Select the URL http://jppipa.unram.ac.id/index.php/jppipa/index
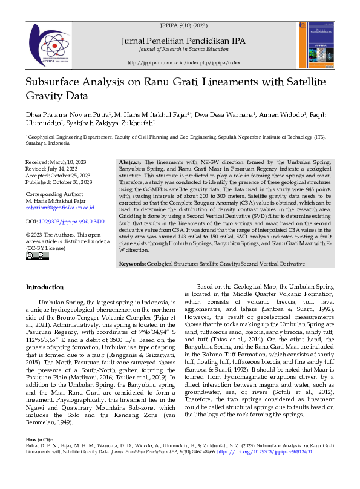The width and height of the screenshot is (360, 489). pyautogui.click(x=183, y=63)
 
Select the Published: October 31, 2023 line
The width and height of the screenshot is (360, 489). pyautogui.click(x=59, y=182)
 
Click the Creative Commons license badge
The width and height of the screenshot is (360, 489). pyautogui.click(x=38, y=257)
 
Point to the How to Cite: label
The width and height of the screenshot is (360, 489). pyautogui.click(x=39, y=439)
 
